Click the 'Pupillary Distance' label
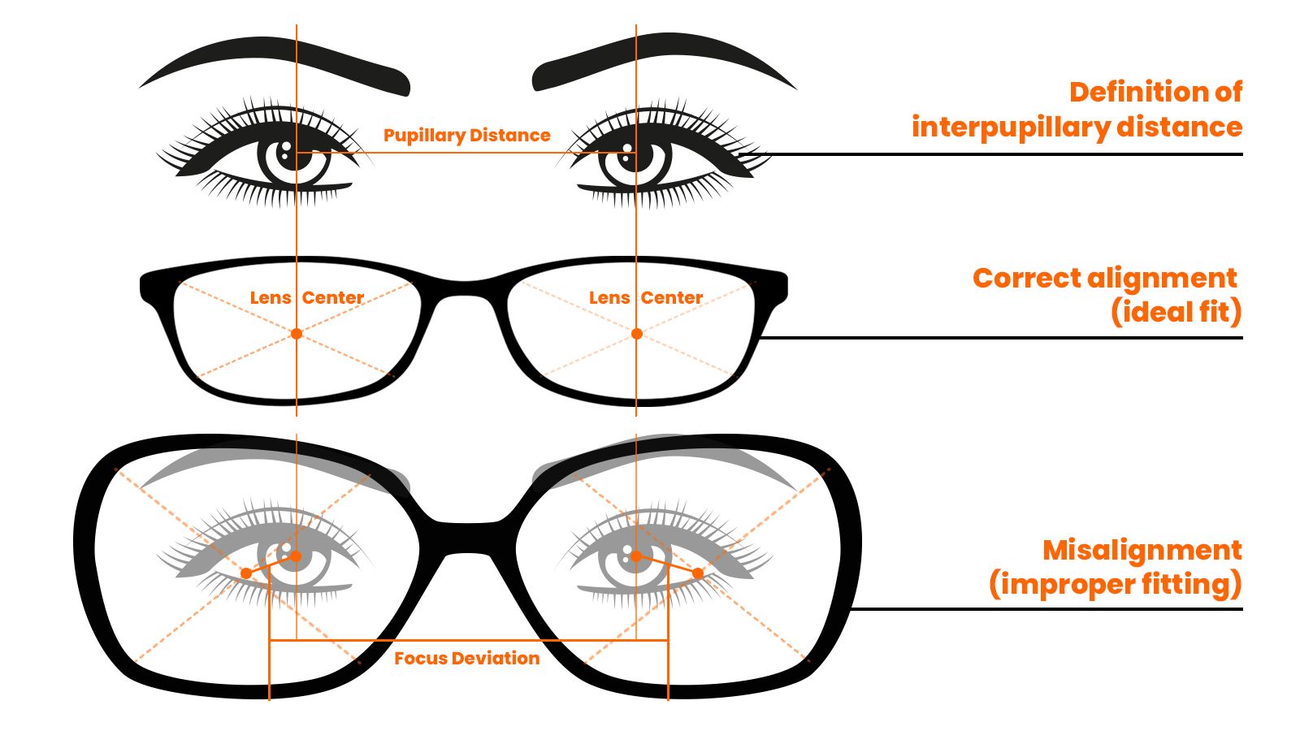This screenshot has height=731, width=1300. point(466,135)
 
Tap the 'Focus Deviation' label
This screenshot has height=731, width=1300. point(466,658)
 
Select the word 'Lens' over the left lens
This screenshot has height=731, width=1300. point(270,297)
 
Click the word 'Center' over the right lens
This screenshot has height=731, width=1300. point(671,297)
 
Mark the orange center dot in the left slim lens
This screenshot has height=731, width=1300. point(297,334)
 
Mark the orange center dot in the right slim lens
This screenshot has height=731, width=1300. point(637,334)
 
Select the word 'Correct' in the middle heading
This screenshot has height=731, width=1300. point(1025,278)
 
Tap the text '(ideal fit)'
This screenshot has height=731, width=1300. point(1176,312)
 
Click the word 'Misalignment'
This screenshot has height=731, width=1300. point(1142,550)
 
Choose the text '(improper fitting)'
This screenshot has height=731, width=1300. point(1115,584)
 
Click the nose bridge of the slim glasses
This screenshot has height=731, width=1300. point(466,288)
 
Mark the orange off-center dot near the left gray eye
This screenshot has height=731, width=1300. point(246,573)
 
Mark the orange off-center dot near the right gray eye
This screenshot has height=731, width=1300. point(698,573)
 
